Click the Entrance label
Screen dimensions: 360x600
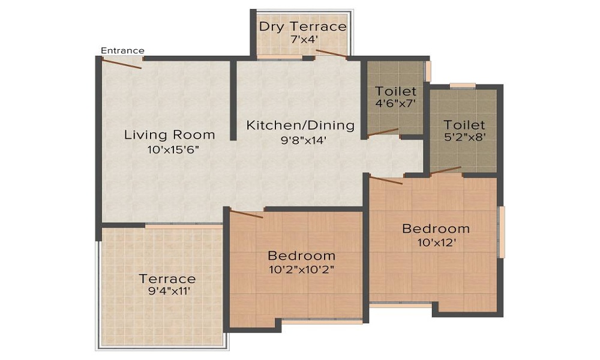122,50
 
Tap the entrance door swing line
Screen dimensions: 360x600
122,63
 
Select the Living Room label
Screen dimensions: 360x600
169,134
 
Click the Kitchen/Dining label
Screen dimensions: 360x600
301,126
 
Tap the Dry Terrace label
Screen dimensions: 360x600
302,26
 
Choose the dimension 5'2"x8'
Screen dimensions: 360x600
464,137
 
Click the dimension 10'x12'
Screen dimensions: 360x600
436,243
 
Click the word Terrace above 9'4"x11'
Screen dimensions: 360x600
167,279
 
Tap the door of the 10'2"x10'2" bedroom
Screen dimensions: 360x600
246,214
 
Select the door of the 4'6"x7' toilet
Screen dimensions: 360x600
383,133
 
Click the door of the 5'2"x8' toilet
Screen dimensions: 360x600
445,170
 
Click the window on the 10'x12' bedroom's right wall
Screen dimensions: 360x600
502,232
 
